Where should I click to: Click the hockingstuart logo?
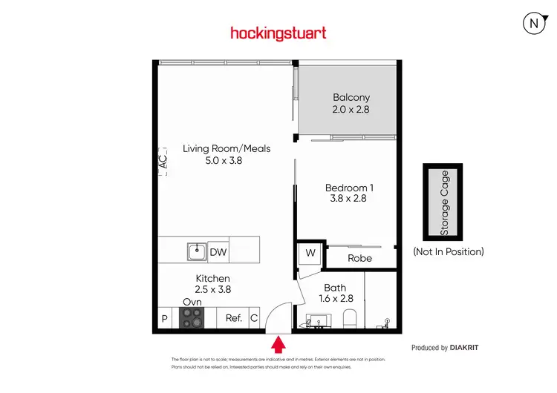[x=278, y=33]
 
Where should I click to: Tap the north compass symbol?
[x=532, y=23]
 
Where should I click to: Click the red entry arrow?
[x=278, y=344]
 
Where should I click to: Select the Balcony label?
[x=351, y=97]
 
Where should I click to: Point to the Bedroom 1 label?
[x=349, y=188]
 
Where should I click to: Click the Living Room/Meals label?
[x=227, y=148]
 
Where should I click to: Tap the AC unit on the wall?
[x=162, y=162]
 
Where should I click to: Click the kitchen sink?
[x=196, y=252]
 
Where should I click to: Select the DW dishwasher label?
[x=218, y=253]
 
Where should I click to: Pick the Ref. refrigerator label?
[x=234, y=318]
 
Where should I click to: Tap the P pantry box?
[x=164, y=319]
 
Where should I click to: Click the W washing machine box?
[x=310, y=253]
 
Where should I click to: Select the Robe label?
[x=360, y=258]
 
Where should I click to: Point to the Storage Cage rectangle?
[x=443, y=202]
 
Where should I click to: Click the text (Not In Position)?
[x=448, y=251]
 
